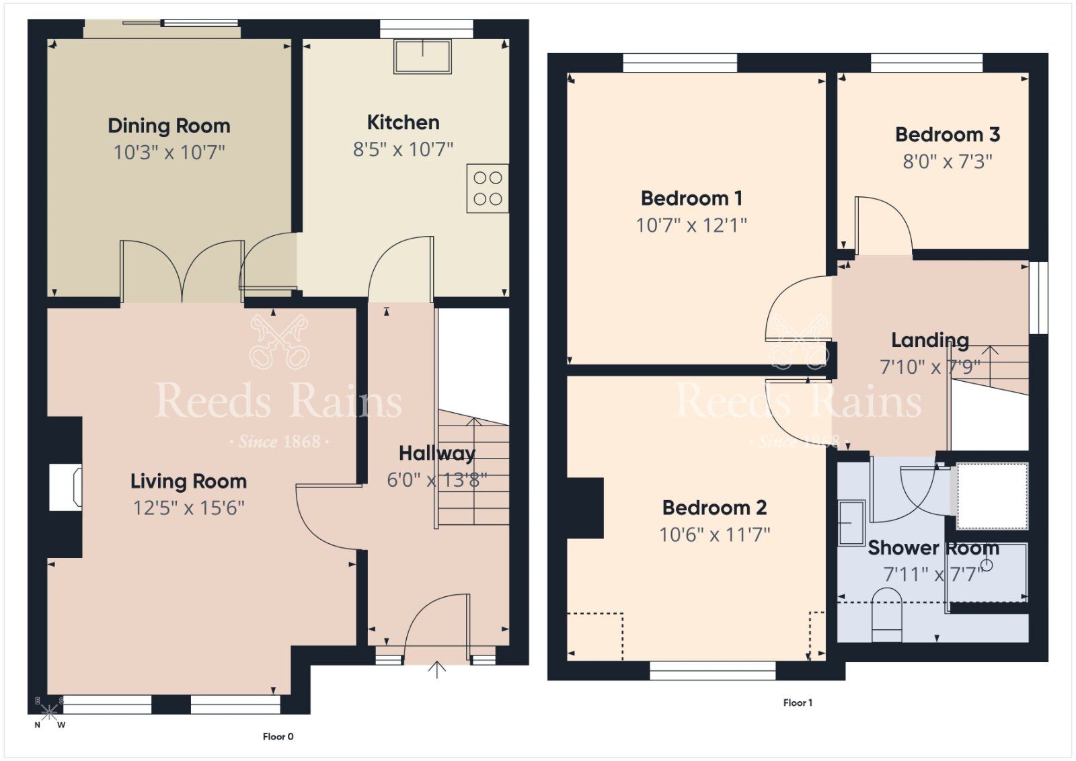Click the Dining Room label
[169, 126]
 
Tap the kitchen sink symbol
[423, 56]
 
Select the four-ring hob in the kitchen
[488, 188]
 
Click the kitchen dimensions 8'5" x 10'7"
[403, 149]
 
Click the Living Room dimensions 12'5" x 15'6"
[188, 508]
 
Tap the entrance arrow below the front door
[437, 670]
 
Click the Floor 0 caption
[278, 737]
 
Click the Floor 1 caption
[798, 703]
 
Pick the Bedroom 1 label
[691, 198]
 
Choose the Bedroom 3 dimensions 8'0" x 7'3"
[947, 161]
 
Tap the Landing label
[930, 340]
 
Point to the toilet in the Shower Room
[886, 615]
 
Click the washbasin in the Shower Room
[851, 522]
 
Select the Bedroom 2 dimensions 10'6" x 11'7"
[714, 534]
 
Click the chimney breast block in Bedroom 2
[584, 508]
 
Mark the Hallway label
[436, 453]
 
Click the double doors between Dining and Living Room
[182, 272]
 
